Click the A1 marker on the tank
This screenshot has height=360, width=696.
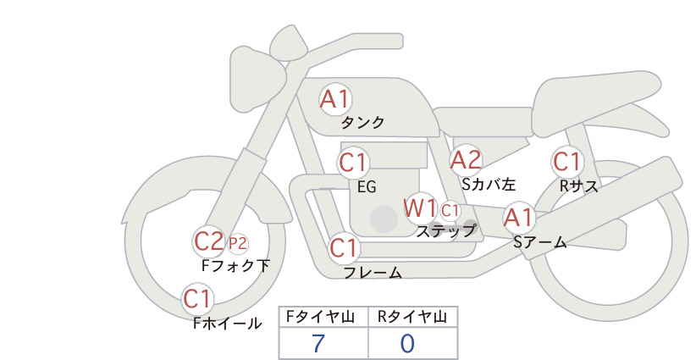pos(335,99)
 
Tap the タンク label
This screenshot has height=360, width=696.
pos(362,122)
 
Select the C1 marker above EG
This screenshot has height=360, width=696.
pos(353,163)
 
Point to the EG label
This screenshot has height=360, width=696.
pos(367,187)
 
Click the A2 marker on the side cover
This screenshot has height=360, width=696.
pos(466,160)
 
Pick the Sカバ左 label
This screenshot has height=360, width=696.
pos(489,184)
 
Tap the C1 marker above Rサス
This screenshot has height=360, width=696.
pos(567,162)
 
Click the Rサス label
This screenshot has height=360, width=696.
pos(578,186)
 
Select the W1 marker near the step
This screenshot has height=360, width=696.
pos(420,208)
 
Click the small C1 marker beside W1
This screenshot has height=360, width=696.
pos(450,210)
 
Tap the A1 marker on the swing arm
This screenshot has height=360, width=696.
pos(519,218)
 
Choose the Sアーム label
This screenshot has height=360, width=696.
pos(540,241)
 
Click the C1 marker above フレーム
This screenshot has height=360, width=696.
pos(345,247)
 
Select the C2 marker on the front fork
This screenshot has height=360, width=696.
pos(209,242)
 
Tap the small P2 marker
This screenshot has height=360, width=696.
pos(237,244)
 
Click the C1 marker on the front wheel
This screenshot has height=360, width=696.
pos(197,298)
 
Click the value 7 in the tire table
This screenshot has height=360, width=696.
pos(318,343)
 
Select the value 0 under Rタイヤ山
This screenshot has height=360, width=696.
pos(407,343)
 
